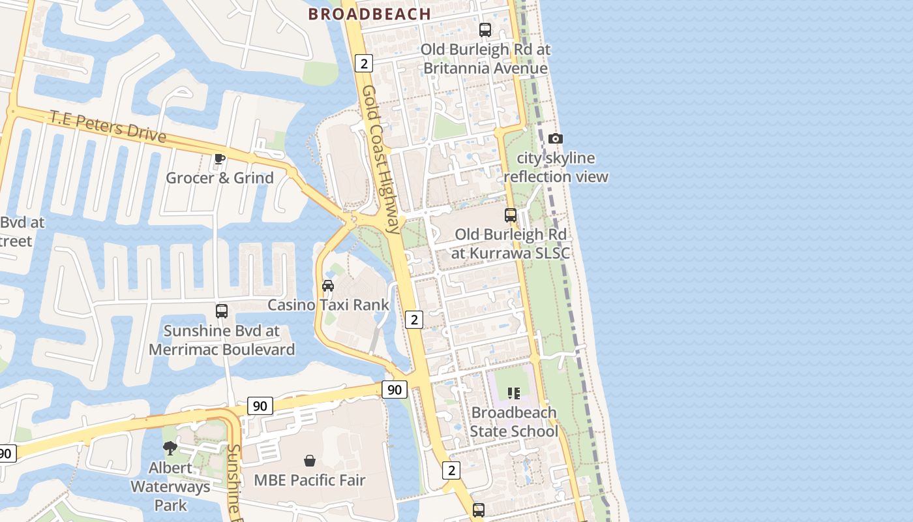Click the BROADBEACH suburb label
click(369, 14)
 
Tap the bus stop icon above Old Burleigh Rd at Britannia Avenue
click(485, 29)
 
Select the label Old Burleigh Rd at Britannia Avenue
click(485, 59)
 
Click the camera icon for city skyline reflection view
click(555, 138)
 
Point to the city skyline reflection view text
click(555, 168)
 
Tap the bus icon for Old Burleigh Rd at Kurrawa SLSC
click(510, 215)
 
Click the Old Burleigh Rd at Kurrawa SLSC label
click(510, 243)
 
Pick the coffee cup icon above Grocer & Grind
click(220, 159)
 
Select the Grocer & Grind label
click(220, 177)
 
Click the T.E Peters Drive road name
click(108, 126)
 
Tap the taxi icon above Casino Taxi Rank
click(328, 285)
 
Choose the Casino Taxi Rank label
click(328, 305)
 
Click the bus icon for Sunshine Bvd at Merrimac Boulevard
click(222, 311)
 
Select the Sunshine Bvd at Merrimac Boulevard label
click(222, 340)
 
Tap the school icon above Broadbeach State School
click(513, 393)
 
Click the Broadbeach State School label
click(513, 422)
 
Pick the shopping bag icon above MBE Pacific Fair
click(309, 461)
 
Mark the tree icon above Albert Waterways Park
click(170, 448)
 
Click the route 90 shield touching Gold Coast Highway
click(394, 390)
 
